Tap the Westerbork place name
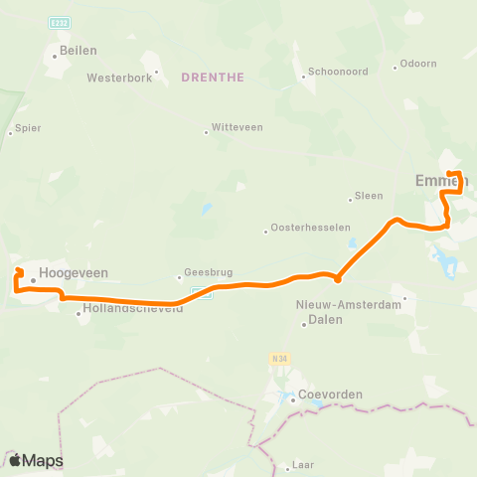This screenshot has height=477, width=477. pyautogui.click(x=120, y=77)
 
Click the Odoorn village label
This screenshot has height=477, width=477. pyautogui.click(x=417, y=65)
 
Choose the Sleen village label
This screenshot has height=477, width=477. pyautogui.click(x=370, y=197)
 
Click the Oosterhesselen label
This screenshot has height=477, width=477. pyautogui.click(x=302, y=230)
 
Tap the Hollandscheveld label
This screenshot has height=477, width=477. pyautogui.click(x=130, y=309)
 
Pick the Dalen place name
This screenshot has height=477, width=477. pyautogui.click(x=325, y=320)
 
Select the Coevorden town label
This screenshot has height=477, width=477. pyautogui.click(x=330, y=394)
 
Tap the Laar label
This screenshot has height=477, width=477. pyautogui.click(x=302, y=464)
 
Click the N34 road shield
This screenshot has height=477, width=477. pyautogui.click(x=277, y=357)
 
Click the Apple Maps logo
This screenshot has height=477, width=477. pyautogui.click(x=36, y=460)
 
